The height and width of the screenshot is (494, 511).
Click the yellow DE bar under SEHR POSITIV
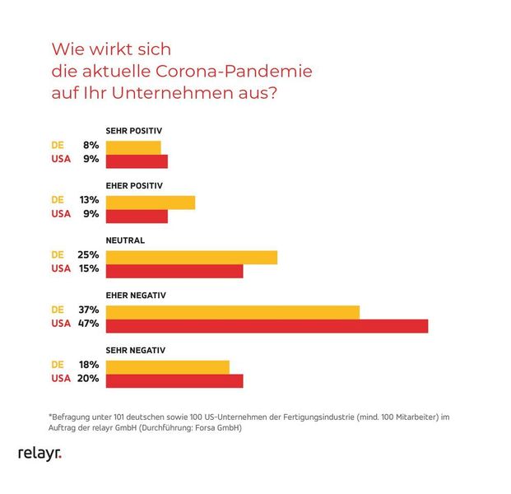point(133,147)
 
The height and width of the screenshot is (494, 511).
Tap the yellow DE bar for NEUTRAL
point(191,256)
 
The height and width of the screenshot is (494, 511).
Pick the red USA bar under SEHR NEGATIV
point(174,380)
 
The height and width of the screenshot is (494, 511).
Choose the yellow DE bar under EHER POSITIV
point(151,202)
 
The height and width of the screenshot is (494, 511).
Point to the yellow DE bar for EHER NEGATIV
point(233,311)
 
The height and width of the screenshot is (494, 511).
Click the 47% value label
point(89,324)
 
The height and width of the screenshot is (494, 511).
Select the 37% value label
point(89,310)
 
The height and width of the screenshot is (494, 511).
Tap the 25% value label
point(89,255)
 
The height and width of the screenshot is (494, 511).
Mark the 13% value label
point(89,200)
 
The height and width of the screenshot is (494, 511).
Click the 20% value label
point(89,379)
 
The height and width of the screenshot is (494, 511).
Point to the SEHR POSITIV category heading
point(134,131)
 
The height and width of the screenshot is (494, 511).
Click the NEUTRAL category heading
point(125,240)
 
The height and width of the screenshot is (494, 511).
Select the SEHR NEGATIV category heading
point(136,350)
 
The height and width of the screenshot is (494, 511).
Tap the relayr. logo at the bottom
point(39,454)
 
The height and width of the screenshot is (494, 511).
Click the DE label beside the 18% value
point(58,365)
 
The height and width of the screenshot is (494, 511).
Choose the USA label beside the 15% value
point(61,268)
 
